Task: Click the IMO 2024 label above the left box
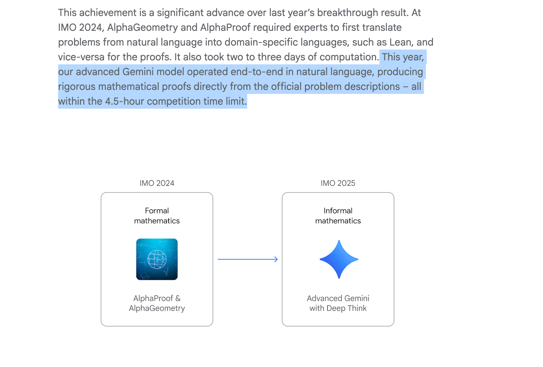(157, 183)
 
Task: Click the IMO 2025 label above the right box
(338, 183)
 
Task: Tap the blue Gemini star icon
(339, 259)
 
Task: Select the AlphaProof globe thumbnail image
(157, 259)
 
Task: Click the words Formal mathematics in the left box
(157, 216)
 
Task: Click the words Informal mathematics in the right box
(338, 216)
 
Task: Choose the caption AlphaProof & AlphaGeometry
(157, 303)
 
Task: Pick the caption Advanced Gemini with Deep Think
(338, 303)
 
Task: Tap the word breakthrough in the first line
(347, 13)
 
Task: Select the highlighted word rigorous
(77, 87)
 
